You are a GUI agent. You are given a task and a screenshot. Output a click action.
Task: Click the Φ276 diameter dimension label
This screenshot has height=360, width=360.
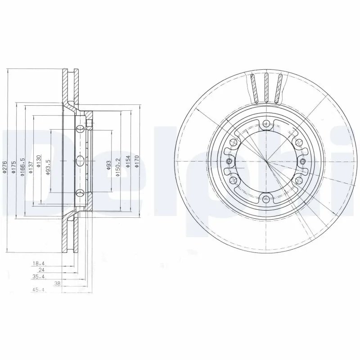point(4,167)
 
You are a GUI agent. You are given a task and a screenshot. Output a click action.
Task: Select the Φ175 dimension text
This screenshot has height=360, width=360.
point(13,167)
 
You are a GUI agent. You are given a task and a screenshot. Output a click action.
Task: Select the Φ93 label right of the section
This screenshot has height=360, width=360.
point(108,165)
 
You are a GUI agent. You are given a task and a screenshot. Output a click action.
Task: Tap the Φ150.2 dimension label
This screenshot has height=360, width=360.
point(118,167)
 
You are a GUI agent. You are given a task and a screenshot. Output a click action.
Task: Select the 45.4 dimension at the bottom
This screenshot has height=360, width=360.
point(39,290)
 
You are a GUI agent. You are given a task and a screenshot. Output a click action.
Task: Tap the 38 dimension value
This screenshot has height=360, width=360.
point(57,283)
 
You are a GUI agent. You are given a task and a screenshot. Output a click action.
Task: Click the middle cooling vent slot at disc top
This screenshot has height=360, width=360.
point(266,87)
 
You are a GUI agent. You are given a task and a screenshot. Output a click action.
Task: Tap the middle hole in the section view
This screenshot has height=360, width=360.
point(80,161)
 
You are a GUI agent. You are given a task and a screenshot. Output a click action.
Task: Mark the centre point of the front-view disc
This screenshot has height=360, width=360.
point(266,161)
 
